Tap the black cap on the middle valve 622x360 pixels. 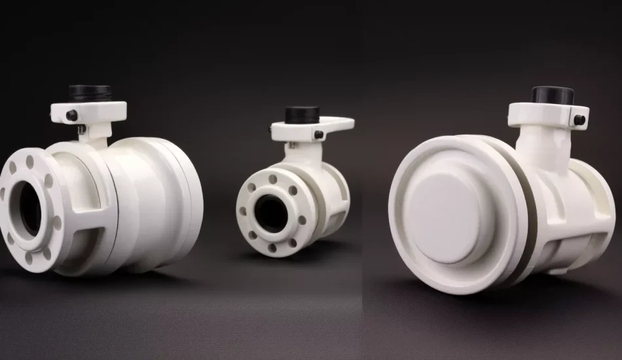click(302, 115)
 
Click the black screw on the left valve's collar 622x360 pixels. click(71, 116)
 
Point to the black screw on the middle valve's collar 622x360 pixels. click(318, 135)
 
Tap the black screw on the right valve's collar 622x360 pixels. click(579, 120)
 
